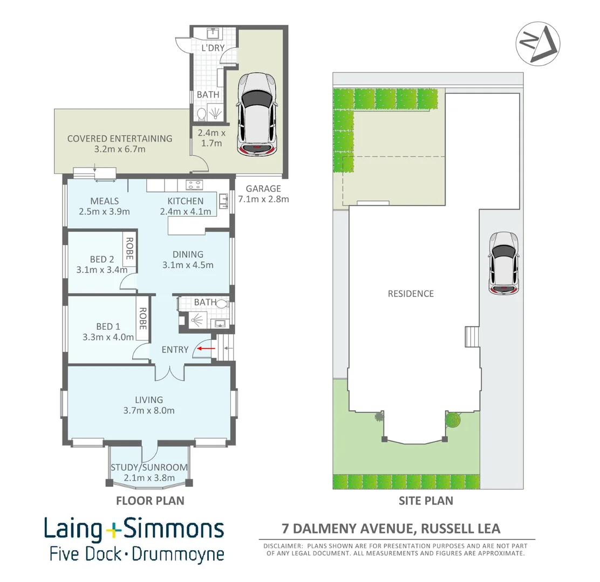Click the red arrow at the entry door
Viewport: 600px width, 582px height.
click(x=206, y=349)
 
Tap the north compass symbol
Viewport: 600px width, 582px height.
click(x=537, y=44)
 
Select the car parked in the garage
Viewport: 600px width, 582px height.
click(x=256, y=114)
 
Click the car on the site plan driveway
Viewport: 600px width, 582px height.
click(x=503, y=264)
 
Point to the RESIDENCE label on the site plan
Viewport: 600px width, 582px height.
click(x=411, y=294)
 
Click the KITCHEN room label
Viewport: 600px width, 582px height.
click(x=185, y=201)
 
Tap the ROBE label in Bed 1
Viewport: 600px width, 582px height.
click(x=143, y=318)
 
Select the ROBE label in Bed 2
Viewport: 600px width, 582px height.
click(x=129, y=248)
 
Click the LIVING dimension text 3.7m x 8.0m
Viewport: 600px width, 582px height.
click(x=149, y=411)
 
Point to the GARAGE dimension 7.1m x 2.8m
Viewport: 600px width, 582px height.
click(x=263, y=199)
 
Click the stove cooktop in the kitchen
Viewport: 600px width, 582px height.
click(x=194, y=185)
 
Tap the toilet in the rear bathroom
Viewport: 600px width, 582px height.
click(x=202, y=114)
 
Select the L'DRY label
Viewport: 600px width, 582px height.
click(x=213, y=48)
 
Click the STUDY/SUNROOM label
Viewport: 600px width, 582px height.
click(x=149, y=467)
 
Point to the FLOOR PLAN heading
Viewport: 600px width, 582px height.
click(x=150, y=501)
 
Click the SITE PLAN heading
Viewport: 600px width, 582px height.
click(x=426, y=501)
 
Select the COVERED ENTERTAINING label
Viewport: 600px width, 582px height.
click(x=120, y=138)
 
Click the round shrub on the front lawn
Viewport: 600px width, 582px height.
click(x=453, y=420)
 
